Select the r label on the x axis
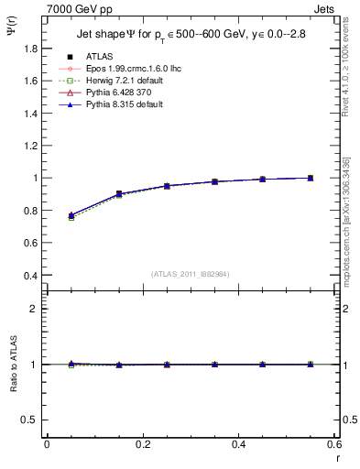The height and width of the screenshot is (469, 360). (x=336, y=457)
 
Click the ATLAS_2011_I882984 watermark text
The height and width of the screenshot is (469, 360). (x=190, y=274)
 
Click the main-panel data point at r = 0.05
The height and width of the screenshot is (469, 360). (x=71, y=215)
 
